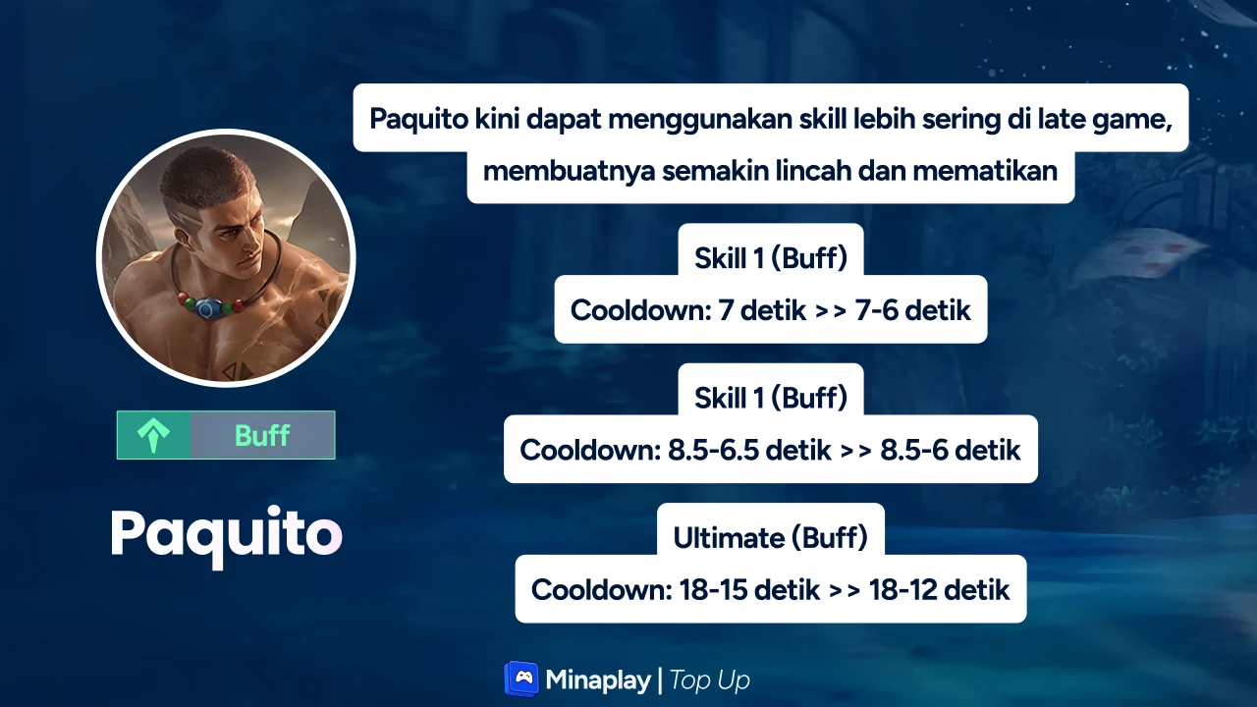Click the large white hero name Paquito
click(x=226, y=536)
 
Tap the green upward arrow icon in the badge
click(x=153, y=436)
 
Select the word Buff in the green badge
click(x=262, y=435)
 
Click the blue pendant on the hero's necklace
click(x=207, y=309)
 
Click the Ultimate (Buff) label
click(x=771, y=538)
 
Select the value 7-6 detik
click(x=913, y=310)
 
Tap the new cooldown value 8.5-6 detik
click(x=950, y=450)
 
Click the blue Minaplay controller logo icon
click(x=521, y=679)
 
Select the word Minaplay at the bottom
click(x=598, y=680)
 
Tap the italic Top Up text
click(x=709, y=680)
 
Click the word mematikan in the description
click(x=985, y=171)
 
